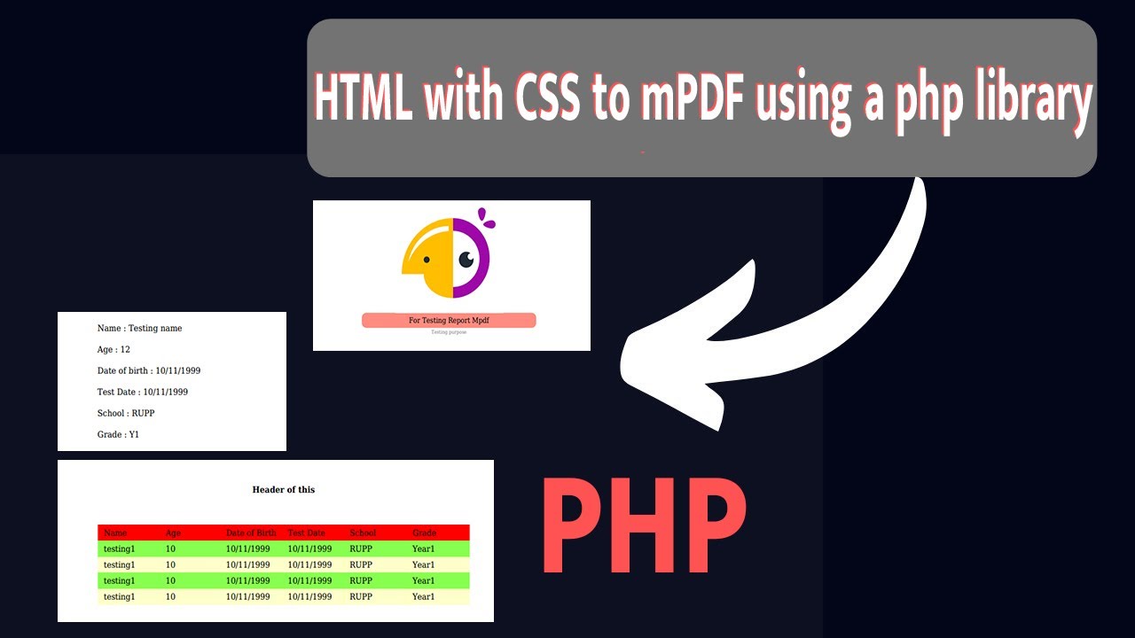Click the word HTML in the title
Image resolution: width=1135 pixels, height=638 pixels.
pos(364,99)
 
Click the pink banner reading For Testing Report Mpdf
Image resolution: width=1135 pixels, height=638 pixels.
pos(449,320)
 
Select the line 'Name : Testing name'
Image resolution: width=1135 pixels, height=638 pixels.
pos(139,328)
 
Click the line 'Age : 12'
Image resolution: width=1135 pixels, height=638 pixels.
pos(113,349)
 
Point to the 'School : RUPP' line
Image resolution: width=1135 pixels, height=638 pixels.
pos(126,413)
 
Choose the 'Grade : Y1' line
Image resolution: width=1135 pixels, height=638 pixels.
pos(118,434)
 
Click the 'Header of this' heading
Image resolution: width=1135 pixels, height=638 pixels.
pos(283,489)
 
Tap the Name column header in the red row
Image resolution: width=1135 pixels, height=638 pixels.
pos(115,533)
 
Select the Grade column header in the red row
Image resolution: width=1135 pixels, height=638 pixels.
pos(424,533)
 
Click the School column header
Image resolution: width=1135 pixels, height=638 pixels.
pos(363,533)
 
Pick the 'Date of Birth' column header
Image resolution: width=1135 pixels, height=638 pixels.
pos(251,533)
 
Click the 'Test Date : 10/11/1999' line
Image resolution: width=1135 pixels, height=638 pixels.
pos(142,392)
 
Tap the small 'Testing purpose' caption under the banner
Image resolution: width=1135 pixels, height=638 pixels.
pos(449,332)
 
